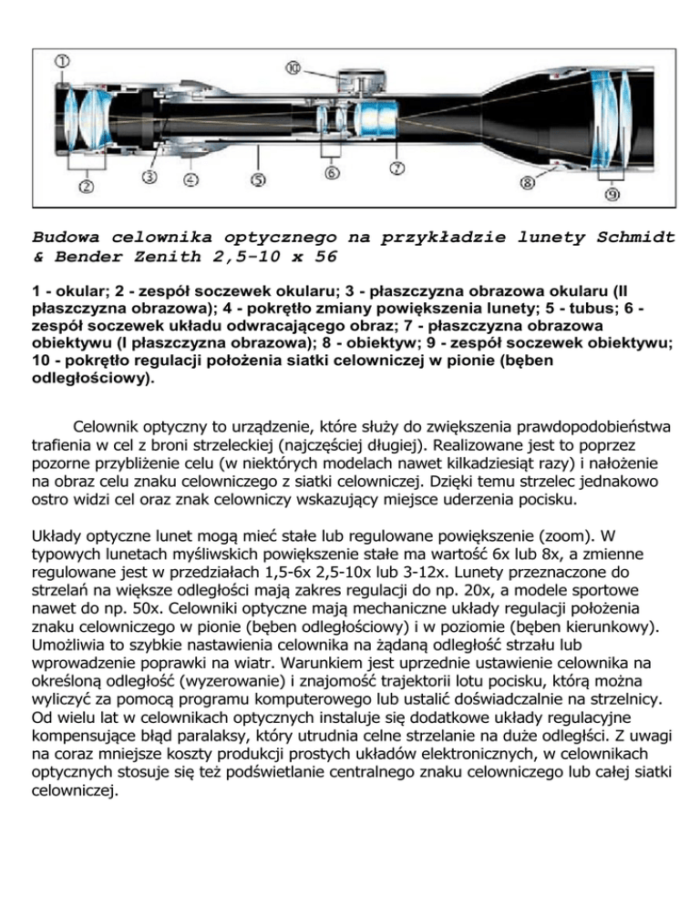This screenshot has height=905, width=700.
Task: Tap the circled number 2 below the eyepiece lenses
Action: tap(87, 187)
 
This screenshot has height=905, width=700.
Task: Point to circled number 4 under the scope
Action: tap(190, 179)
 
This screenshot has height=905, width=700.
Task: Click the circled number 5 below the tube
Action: tap(259, 180)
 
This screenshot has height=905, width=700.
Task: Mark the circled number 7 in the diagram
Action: tap(396, 168)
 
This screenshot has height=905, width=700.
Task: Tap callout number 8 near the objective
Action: tap(528, 182)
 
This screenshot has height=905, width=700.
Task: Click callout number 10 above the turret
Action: tap(293, 66)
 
